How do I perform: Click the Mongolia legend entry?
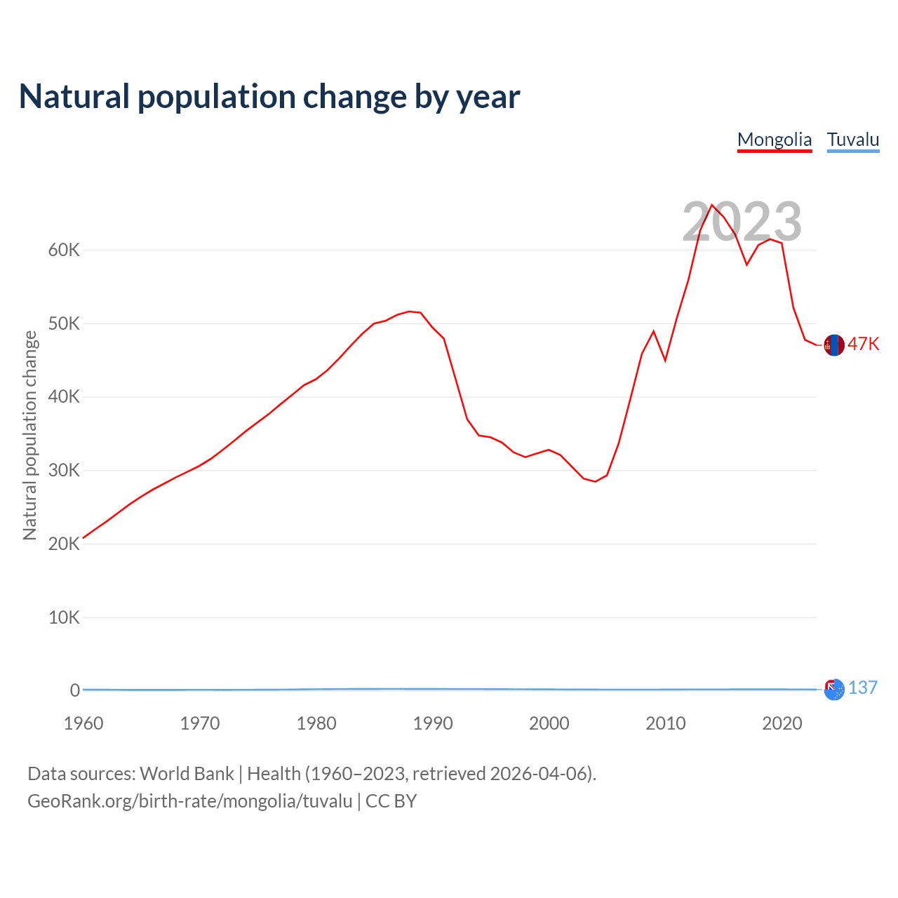(x=775, y=140)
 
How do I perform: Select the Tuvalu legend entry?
(x=853, y=140)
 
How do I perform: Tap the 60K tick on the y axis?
(x=65, y=250)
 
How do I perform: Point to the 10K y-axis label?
(x=65, y=617)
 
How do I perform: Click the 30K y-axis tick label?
(x=65, y=471)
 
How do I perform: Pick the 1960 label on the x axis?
(x=83, y=723)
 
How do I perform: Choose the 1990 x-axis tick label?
(x=433, y=723)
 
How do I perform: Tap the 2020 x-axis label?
(x=782, y=723)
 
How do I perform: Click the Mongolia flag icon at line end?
(x=834, y=345)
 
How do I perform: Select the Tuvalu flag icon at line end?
(x=834, y=690)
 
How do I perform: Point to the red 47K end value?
(x=864, y=344)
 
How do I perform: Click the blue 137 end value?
(x=863, y=688)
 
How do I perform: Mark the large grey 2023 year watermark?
(x=742, y=222)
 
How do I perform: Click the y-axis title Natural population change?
(x=30, y=436)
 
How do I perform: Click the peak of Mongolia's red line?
(x=712, y=205)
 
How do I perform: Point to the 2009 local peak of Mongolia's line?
(x=653, y=331)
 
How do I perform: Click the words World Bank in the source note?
(x=187, y=774)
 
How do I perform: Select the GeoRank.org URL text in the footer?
(x=189, y=801)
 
